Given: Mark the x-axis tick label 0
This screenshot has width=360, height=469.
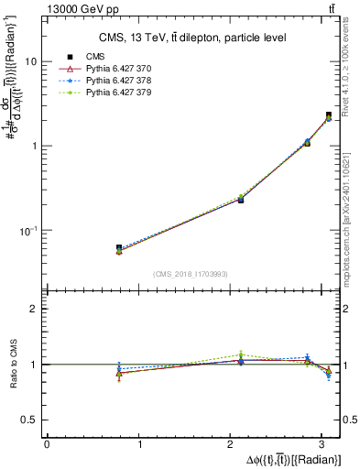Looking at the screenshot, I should (47, 444).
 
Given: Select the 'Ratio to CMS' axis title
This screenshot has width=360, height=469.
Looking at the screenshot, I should (12, 365).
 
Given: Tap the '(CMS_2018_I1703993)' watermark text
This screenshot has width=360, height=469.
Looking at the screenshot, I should (191, 274).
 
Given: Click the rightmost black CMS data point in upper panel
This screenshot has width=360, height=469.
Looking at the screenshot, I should (329, 115).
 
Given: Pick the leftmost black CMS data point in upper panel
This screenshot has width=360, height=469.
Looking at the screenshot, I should (119, 247).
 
